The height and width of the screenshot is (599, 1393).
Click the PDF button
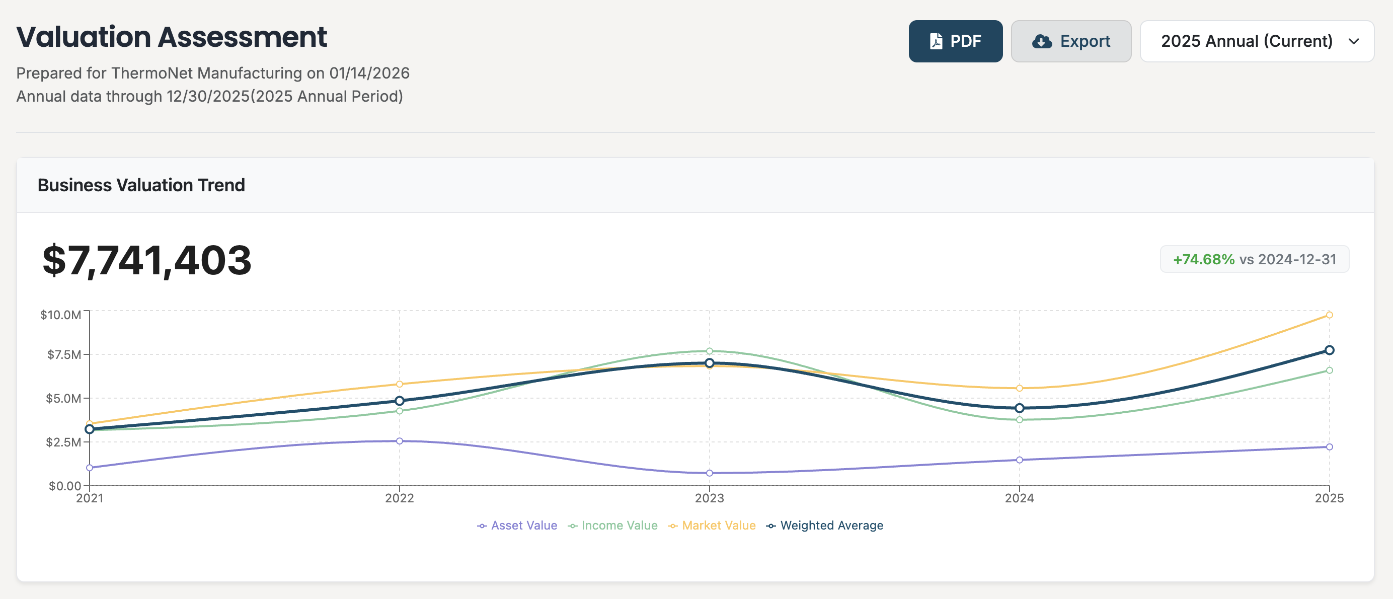pyautogui.click(x=955, y=41)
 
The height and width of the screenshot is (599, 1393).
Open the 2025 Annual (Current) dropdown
pyautogui.click(x=1256, y=41)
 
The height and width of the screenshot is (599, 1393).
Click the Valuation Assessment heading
pyautogui.click(x=172, y=37)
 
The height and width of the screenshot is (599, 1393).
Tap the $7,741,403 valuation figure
pyautogui.click(x=147, y=260)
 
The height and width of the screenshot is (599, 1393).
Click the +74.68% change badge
pyautogui.click(x=1254, y=259)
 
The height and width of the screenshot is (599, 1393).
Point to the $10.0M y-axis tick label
pyautogui.click(x=60, y=315)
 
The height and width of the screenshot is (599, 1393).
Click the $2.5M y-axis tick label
pyautogui.click(x=63, y=442)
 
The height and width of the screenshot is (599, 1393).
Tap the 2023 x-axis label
pyautogui.click(x=709, y=498)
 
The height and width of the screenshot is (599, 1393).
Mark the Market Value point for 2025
pyautogui.click(x=1329, y=315)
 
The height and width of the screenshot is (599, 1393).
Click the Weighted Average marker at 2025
pyautogui.click(x=1329, y=350)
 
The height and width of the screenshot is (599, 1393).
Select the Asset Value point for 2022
pyautogui.click(x=400, y=441)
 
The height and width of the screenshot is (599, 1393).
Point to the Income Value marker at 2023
pyautogui.click(x=710, y=351)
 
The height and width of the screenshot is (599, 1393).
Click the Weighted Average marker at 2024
pyautogui.click(x=1019, y=408)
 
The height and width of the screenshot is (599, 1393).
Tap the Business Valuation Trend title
pyautogui.click(x=141, y=185)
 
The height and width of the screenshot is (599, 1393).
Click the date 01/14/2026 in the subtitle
pyautogui.click(x=369, y=73)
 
